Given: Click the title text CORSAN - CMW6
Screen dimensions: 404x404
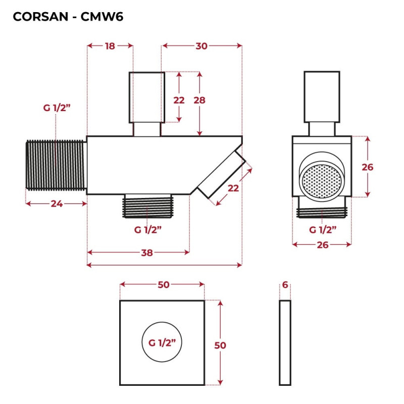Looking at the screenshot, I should [x=68, y=17].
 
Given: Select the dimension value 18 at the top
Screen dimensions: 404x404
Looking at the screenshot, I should [x=110, y=46].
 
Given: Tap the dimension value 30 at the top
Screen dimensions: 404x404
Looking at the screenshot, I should [x=201, y=46].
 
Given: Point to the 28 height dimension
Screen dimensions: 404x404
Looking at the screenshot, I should [x=200, y=100].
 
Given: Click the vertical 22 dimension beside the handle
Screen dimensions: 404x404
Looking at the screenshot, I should [x=179, y=100].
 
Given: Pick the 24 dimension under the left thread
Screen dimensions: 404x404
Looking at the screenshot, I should [x=56, y=204].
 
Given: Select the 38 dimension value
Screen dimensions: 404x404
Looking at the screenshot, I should [x=147, y=252].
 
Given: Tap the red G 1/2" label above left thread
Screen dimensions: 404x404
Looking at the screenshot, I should [x=56, y=108].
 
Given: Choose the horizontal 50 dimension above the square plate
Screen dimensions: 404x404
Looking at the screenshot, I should [x=163, y=285].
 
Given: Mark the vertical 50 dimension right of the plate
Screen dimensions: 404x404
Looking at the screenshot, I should [x=220, y=345].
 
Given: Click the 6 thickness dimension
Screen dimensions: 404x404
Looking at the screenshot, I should [x=285, y=285].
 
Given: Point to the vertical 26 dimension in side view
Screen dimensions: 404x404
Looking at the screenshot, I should [x=368, y=167].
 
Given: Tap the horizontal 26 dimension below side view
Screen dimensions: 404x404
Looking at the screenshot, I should [x=322, y=245].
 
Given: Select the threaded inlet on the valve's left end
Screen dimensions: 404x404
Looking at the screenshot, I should [x=56, y=165].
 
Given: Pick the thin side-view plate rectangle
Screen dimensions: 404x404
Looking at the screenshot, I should [x=285, y=342].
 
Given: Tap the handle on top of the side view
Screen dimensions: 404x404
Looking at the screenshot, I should [x=322, y=96].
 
